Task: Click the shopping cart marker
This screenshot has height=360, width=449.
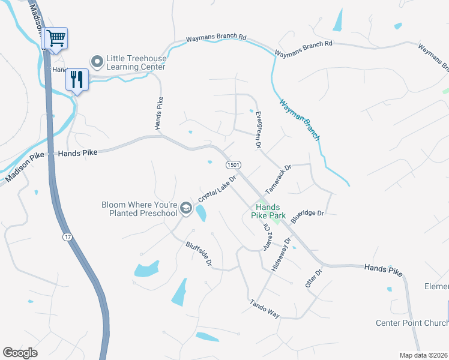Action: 56,39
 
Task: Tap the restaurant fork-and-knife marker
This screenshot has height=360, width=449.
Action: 77,79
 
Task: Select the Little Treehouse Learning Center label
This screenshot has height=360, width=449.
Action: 135,62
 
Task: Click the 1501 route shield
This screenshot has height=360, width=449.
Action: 234,164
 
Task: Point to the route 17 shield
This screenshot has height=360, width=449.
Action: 66,237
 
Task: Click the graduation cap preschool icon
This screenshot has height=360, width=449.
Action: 186,208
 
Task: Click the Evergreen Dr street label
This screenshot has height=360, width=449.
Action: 258,129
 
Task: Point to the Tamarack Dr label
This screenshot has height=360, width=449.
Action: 278,179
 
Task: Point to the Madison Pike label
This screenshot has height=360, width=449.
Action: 25,167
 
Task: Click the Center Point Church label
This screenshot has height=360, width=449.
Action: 411,323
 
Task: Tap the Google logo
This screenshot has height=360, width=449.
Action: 20,353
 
